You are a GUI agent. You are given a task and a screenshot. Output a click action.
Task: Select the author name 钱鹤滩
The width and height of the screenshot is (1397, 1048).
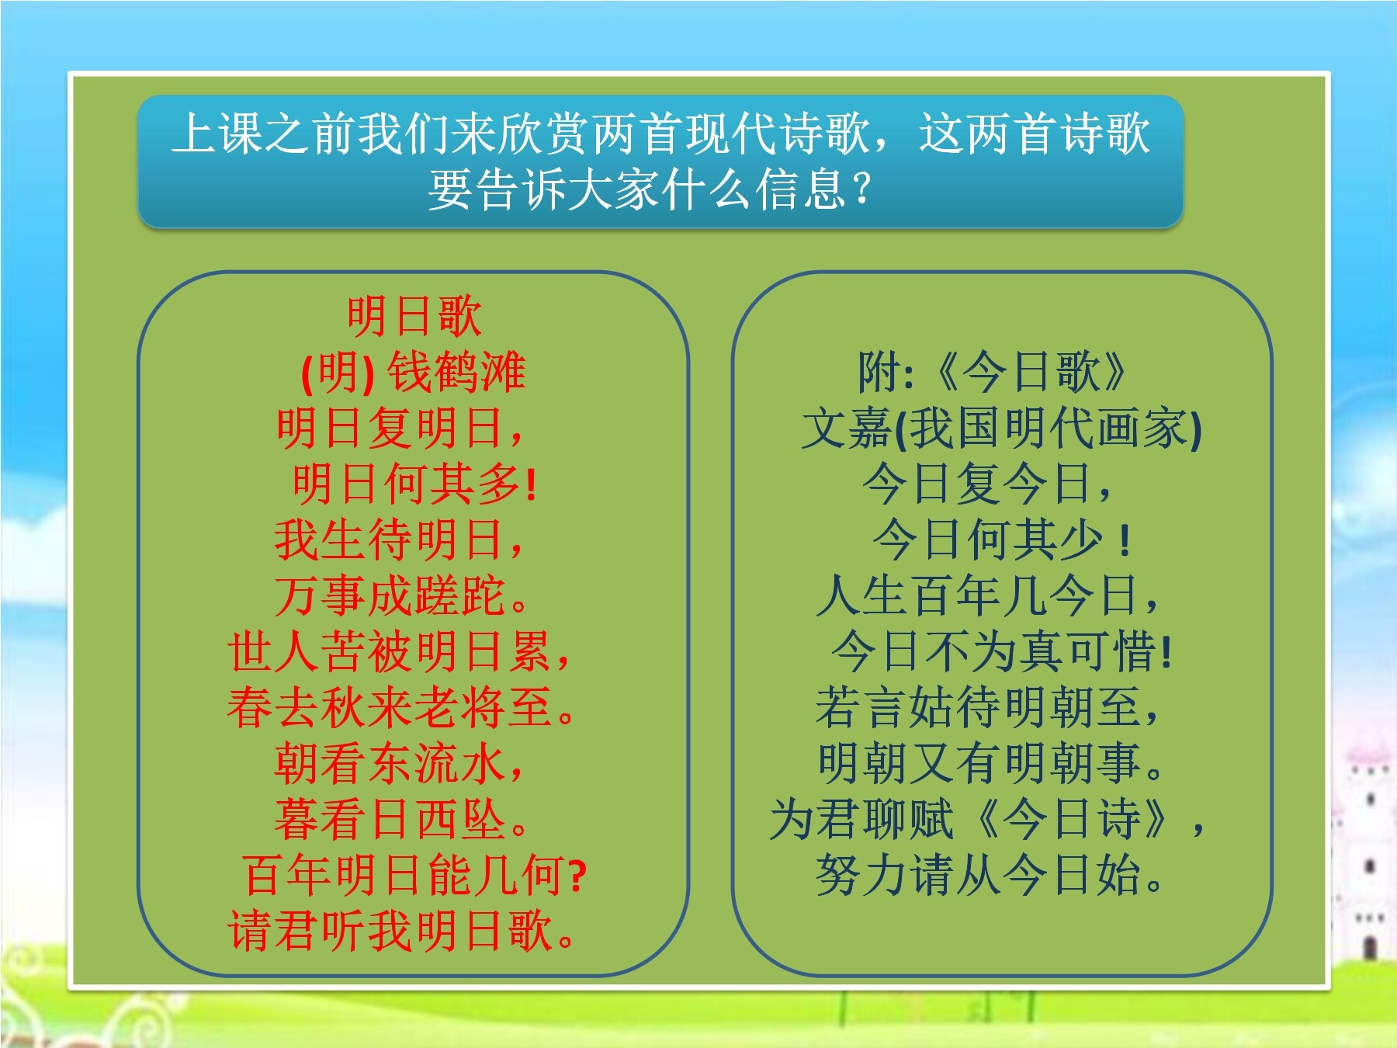pyautogui.click(x=456, y=372)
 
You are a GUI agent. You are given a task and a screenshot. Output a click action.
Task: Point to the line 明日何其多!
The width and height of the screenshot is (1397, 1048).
pyautogui.click(x=414, y=484)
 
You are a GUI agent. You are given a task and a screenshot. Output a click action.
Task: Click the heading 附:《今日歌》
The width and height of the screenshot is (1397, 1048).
pyautogui.click(x=993, y=372)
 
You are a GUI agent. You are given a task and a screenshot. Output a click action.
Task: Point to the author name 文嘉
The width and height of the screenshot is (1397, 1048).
pyautogui.click(x=848, y=428)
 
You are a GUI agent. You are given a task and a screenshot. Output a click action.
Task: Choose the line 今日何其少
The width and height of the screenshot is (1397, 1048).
pyautogui.click(x=1001, y=540)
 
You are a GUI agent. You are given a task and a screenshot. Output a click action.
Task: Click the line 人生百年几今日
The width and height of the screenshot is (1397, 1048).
pyautogui.click(x=987, y=595)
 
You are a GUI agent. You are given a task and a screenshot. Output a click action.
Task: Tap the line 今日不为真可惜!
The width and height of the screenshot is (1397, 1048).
pyautogui.click(x=1001, y=651)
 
